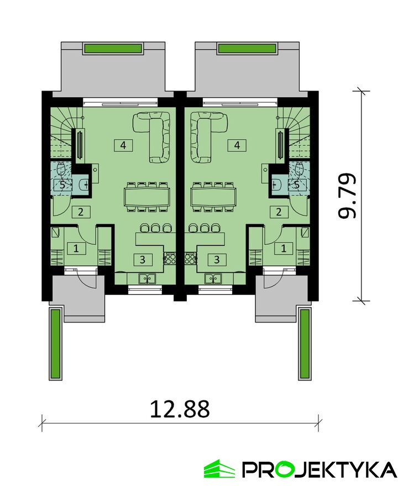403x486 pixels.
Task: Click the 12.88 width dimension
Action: point(180,409)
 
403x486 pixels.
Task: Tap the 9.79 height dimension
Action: point(347,196)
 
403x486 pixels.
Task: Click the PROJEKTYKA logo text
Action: point(319,470)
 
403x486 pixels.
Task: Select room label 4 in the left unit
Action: point(123,145)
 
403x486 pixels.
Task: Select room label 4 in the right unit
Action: point(237,145)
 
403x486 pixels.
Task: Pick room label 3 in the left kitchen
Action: point(143,260)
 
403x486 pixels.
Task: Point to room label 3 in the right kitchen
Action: point(217,260)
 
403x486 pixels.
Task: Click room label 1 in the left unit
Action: point(76,249)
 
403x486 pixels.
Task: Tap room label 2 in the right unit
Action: point(279,212)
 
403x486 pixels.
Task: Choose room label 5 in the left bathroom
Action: point(62,186)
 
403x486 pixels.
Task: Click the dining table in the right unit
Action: point(213,197)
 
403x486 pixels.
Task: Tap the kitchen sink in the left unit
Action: point(148,278)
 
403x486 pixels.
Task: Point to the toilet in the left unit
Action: point(61,169)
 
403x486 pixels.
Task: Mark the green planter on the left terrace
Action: point(113,49)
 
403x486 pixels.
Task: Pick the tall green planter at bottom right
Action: point(305,344)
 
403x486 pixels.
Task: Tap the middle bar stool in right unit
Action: point(204,228)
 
